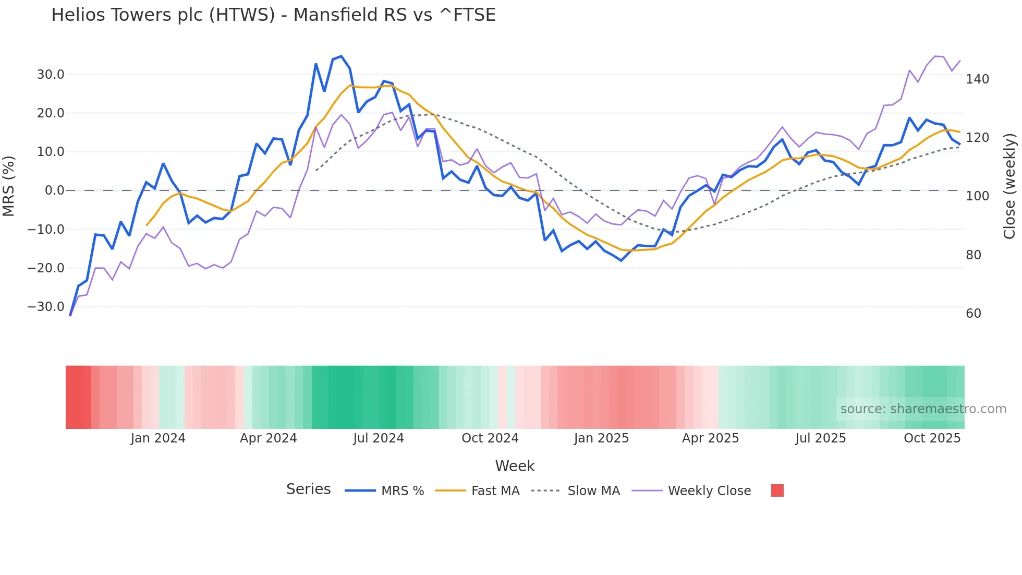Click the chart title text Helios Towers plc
click(273, 15)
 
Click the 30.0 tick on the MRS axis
click(51, 75)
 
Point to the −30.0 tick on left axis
click(46, 307)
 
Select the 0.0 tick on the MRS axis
click(54, 190)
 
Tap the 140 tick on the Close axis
click(977, 79)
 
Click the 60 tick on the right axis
click(974, 314)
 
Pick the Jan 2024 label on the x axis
click(158, 438)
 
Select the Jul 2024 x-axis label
click(379, 438)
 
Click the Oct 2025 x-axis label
click(932, 438)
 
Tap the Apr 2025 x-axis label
click(710, 438)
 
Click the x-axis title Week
click(515, 466)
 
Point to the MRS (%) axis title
click(9, 186)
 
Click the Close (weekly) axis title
click(1009, 186)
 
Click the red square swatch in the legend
click(777, 490)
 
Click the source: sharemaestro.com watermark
click(923, 409)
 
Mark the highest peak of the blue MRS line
click(341, 56)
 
